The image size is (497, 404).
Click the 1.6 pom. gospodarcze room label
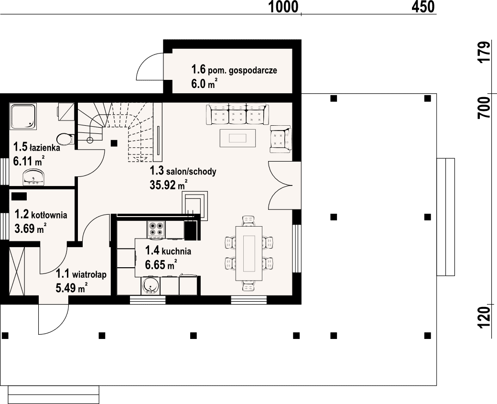point(234,69)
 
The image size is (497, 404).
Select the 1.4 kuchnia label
point(168,251)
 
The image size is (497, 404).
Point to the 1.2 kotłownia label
point(41,215)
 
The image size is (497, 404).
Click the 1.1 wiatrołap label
point(81,273)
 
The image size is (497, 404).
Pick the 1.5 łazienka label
point(36,147)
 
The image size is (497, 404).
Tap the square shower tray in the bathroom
point(23,116)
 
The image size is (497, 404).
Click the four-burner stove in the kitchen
point(156,229)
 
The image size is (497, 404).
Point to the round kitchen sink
point(149,286)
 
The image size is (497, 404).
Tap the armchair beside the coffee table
point(280,139)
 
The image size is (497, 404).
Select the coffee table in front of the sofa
point(238,138)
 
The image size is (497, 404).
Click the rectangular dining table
point(249,253)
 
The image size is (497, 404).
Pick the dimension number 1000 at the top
point(284,7)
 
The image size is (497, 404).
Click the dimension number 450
point(423,7)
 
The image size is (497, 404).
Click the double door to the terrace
point(280,185)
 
